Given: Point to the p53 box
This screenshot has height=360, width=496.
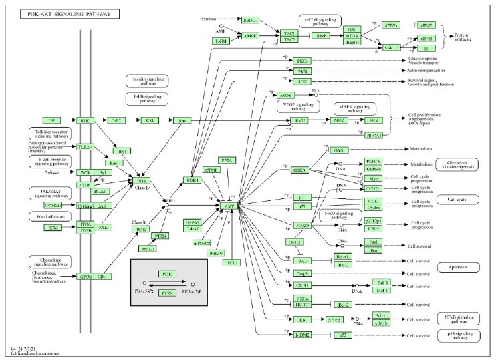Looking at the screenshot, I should pos(342,334).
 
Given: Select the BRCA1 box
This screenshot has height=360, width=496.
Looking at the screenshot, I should pos(375,136).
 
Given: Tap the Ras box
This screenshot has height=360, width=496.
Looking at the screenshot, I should pos(182,121).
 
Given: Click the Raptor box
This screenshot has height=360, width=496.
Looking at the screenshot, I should pos(370,43).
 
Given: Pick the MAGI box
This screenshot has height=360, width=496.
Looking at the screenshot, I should pos(148,249).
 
